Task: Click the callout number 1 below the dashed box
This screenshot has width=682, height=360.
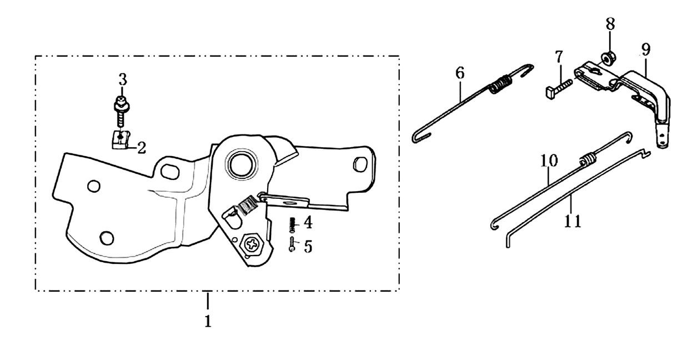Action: click(x=208, y=321)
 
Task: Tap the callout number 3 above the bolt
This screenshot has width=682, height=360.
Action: click(x=122, y=79)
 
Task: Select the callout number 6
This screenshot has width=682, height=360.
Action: click(x=460, y=73)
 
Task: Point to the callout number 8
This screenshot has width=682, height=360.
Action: click(x=610, y=24)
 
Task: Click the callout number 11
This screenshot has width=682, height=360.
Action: click(x=573, y=221)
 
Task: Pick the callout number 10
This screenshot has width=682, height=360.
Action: click(x=549, y=160)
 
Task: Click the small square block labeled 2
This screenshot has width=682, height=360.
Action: click(x=120, y=139)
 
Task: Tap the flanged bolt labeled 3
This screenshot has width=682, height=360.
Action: click(x=122, y=112)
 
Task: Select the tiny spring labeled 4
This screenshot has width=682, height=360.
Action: click(x=293, y=224)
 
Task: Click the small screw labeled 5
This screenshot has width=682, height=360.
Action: click(x=292, y=244)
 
